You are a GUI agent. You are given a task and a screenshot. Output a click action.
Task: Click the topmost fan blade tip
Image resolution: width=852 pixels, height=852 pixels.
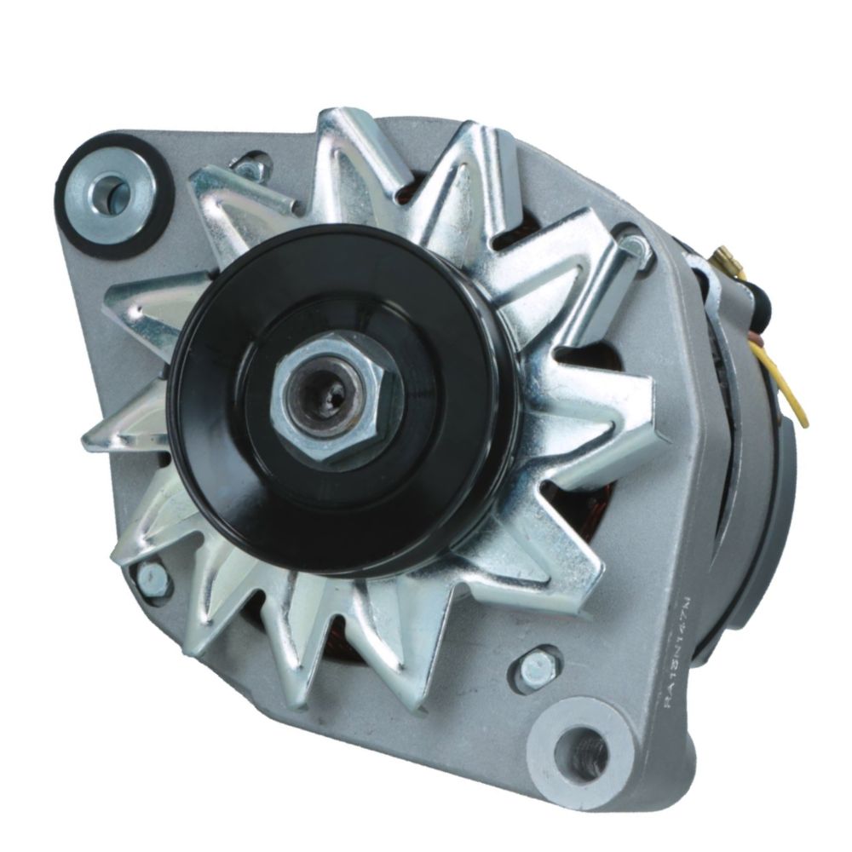[341, 119]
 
